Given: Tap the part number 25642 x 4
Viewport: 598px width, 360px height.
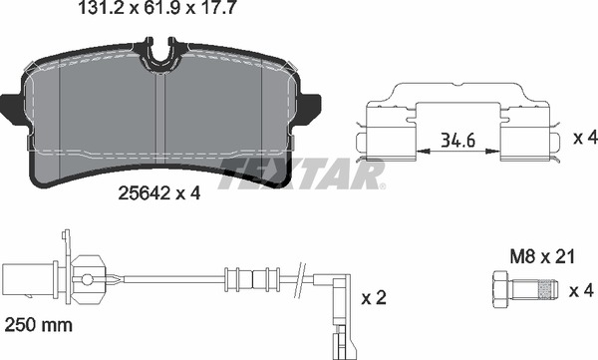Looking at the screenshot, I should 159,193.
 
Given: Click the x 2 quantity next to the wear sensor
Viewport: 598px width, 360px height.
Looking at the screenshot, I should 373,298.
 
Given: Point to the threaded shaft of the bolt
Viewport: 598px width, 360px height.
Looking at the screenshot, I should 537,290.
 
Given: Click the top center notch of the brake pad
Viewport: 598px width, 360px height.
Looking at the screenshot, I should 163,52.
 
